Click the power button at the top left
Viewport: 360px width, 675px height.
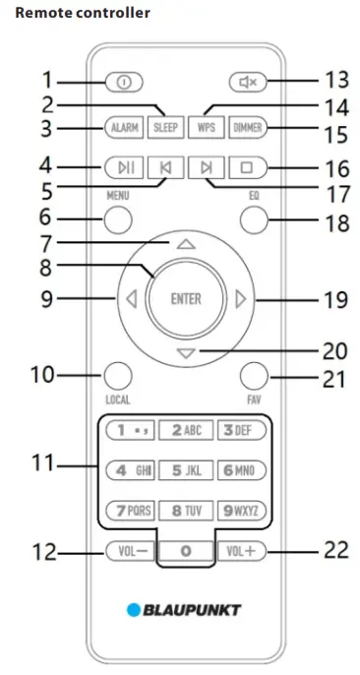tap(124, 83)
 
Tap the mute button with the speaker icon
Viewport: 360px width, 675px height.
tap(248, 82)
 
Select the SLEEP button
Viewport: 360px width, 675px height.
tap(165, 128)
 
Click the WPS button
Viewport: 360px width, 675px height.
tap(206, 128)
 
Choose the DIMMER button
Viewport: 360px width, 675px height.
tap(248, 128)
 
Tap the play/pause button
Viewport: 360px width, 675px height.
tap(124, 168)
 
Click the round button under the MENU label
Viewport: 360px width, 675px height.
tap(118, 219)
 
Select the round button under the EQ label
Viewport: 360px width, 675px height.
tap(254, 219)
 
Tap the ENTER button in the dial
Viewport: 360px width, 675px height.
tap(185, 298)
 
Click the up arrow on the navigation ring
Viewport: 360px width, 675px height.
tap(185, 244)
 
